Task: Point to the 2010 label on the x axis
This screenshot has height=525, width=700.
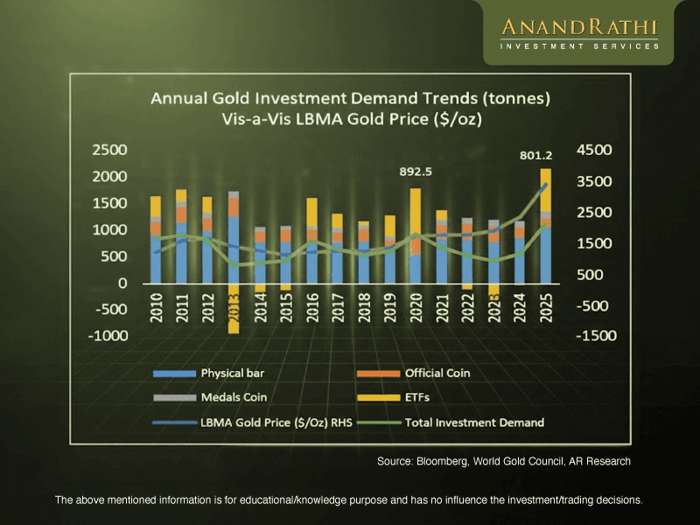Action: [x=157, y=311]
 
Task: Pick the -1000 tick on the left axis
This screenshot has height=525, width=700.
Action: [x=106, y=336]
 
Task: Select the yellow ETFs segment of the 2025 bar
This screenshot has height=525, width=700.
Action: [x=546, y=189]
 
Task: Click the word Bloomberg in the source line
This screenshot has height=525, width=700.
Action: [x=439, y=460]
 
